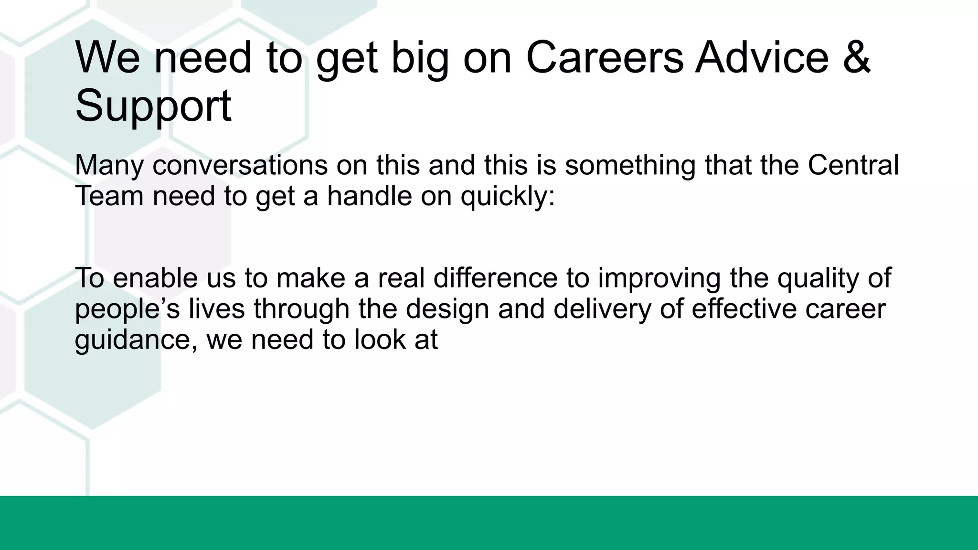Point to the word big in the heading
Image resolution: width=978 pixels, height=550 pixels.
(420, 58)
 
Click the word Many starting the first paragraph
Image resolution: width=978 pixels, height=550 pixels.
(109, 165)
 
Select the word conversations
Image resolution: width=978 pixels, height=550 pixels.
(240, 165)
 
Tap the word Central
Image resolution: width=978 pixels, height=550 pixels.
(853, 165)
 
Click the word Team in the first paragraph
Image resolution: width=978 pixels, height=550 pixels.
(109, 196)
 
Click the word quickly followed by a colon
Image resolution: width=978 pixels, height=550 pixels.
(507, 197)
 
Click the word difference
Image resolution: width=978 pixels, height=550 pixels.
(495, 278)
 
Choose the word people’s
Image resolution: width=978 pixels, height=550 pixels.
(127, 309)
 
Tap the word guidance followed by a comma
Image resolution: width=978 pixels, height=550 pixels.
(136, 340)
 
